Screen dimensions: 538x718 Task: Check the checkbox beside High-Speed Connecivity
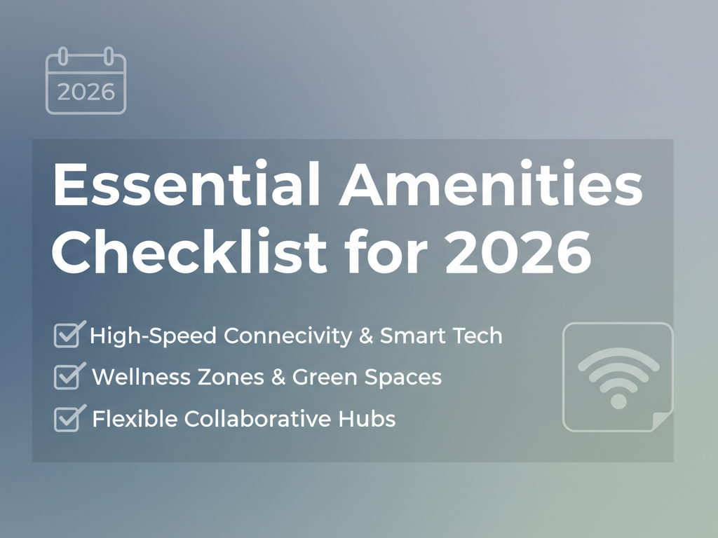coord(67,336)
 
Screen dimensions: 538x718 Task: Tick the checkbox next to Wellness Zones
coord(67,378)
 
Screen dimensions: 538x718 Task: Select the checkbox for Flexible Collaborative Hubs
coord(67,420)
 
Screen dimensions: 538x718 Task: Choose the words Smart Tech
coord(441,336)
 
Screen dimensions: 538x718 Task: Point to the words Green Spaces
coord(367,378)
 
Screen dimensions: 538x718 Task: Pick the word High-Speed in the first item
coord(154,337)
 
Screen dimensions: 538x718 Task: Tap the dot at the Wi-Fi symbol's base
coord(618,401)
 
